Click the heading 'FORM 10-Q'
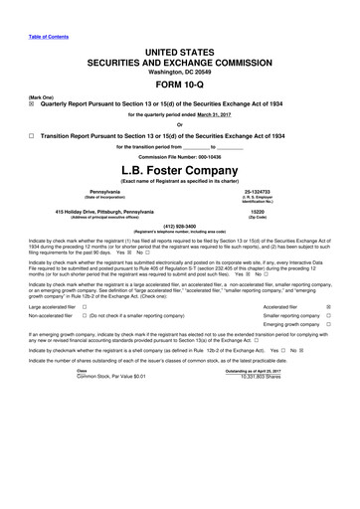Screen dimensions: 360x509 coord(178,84)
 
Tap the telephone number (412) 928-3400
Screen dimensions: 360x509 coord(179,224)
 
